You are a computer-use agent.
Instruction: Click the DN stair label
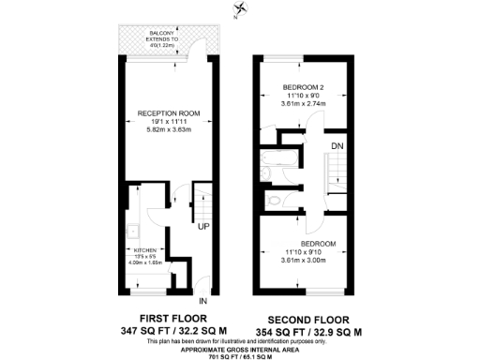click(336, 145)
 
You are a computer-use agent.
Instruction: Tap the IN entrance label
click(202, 303)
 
